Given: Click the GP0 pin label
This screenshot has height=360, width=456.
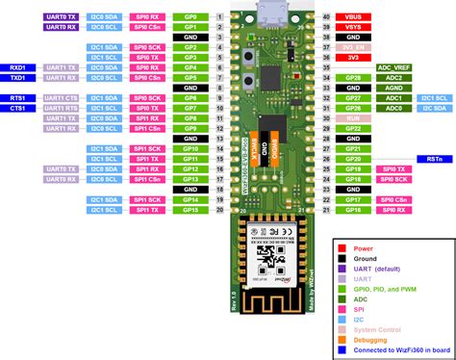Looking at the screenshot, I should coord(190,17).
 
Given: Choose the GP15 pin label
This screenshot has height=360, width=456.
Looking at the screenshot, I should coord(190,209).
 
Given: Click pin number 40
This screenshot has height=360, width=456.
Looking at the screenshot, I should coord(326,17).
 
